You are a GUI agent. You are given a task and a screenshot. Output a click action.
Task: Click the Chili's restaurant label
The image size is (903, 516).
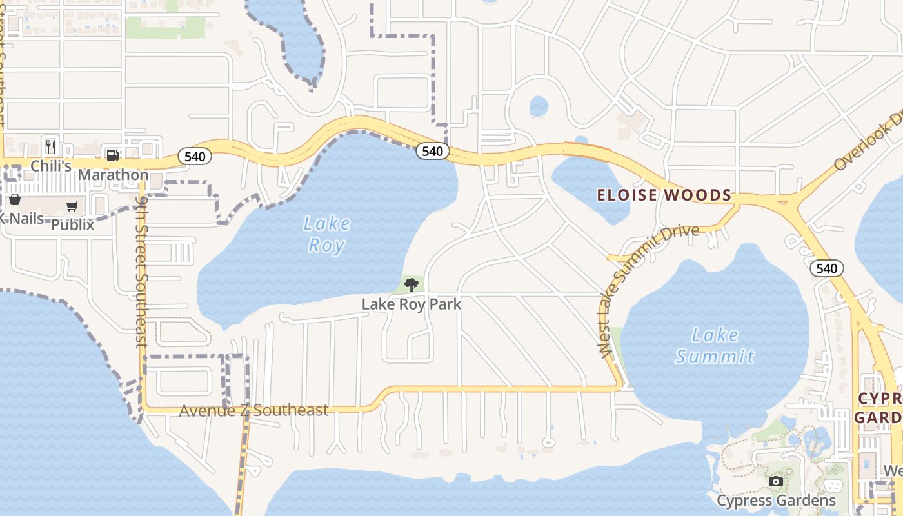[x=52, y=166]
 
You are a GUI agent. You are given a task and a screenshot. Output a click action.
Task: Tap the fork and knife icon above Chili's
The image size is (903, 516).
[x=52, y=146]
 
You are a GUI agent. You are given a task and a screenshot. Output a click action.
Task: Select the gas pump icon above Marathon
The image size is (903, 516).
[x=113, y=155]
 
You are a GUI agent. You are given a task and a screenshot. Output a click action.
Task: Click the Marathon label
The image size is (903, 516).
[x=113, y=175]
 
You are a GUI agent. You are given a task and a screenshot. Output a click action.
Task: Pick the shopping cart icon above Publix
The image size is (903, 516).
[x=72, y=206]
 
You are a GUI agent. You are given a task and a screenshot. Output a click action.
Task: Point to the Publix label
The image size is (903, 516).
[x=72, y=225]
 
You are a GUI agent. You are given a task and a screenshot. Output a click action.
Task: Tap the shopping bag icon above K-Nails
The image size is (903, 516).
[x=14, y=199]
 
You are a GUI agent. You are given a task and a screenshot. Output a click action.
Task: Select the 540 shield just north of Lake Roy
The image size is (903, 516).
[x=432, y=151]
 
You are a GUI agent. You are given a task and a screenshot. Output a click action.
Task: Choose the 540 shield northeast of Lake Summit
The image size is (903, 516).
[x=827, y=268]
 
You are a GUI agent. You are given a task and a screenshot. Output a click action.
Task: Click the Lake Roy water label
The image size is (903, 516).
[x=326, y=234]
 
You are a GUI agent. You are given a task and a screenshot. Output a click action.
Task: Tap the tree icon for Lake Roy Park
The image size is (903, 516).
[x=411, y=284]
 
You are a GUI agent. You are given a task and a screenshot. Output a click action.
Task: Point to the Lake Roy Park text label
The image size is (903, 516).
[x=412, y=304]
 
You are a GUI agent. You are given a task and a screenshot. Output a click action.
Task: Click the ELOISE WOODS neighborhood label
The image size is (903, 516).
[x=664, y=195]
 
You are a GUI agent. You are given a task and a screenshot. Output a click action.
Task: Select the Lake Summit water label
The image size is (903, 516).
[x=715, y=345]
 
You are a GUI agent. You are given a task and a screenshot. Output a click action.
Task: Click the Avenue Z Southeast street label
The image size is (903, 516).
[x=253, y=410]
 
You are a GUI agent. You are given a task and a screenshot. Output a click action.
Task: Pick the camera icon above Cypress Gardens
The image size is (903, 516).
[x=776, y=481]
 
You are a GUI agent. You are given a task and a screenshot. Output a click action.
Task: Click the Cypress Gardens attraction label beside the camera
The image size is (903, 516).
[x=776, y=501]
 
